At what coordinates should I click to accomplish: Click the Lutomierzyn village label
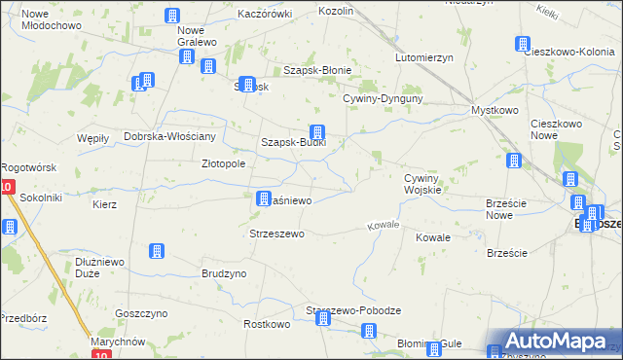tap(424, 57)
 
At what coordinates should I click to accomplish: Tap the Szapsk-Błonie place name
tap(316, 70)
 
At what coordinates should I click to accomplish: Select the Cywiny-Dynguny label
tap(382, 98)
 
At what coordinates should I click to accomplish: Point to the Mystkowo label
tap(494, 111)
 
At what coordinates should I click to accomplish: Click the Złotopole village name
tap(223, 164)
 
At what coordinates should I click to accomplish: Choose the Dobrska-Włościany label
tap(175, 136)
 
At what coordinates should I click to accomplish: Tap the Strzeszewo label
tap(277, 234)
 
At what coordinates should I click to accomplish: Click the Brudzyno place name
tap(224, 274)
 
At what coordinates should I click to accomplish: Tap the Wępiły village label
tap(92, 139)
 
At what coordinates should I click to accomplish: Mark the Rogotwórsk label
tap(29, 167)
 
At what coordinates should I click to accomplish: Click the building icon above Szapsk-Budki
tap(315, 132)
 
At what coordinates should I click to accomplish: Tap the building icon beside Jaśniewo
tap(263, 198)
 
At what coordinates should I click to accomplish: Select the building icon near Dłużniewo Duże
tap(156, 251)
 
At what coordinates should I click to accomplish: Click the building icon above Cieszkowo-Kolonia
tap(523, 45)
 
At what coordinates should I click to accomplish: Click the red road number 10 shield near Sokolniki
tap(7, 187)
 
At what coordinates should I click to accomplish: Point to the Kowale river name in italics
tap(384, 226)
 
